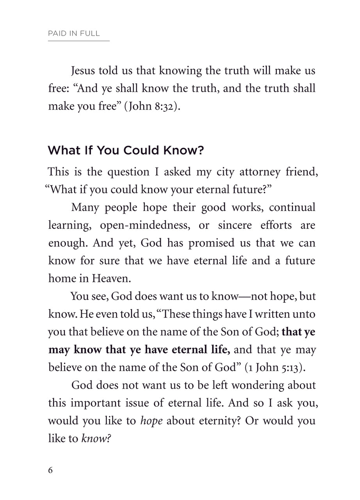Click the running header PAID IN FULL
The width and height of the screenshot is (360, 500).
tap(74, 34)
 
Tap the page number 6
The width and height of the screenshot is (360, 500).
tap(50, 470)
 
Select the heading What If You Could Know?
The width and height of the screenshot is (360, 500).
tap(126, 151)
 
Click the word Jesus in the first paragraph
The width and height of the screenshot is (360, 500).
tap(83, 71)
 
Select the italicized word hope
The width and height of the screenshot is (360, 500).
tap(151, 421)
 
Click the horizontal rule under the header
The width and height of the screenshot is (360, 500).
tap(79, 41)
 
